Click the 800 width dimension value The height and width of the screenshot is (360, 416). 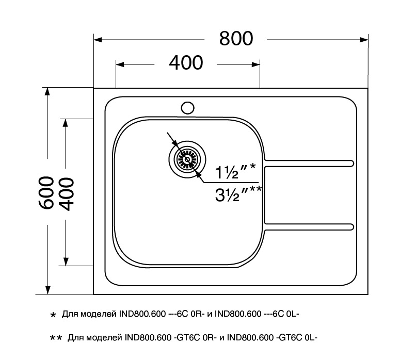236,39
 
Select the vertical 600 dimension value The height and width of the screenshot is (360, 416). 46,192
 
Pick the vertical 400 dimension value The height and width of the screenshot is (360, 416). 66,192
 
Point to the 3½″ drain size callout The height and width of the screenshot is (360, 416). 238,195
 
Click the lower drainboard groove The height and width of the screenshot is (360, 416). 310,226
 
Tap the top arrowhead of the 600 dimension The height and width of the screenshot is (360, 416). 47,92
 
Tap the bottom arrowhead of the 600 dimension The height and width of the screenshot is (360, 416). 47,289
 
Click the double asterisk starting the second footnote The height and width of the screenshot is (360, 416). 56,338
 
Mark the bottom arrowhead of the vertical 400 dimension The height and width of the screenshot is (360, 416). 66,261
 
